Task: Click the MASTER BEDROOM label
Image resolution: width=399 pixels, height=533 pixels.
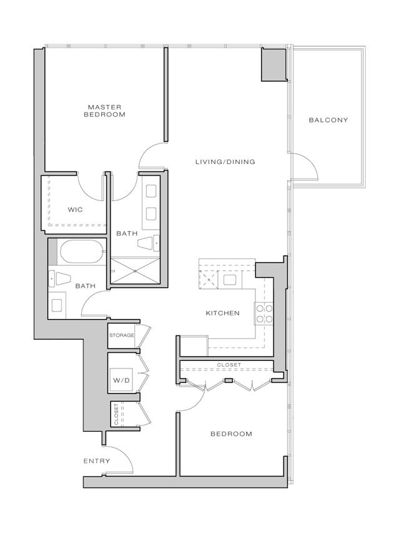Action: (104, 111)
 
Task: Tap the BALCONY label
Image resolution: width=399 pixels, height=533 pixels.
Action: (328, 120)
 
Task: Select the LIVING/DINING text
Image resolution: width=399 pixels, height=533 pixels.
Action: (225, 162)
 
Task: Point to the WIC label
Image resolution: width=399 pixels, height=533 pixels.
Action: (76, 210)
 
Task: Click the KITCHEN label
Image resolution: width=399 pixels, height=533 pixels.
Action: (222, 313)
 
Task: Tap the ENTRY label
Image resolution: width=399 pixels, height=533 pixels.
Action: (97, 461)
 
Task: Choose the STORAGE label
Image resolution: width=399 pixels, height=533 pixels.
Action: (122, 335)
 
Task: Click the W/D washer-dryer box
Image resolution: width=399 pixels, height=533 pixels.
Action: (121, 380)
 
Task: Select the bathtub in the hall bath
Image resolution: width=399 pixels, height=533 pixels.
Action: (81, 251)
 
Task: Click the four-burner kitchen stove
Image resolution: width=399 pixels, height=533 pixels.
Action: (264, 313)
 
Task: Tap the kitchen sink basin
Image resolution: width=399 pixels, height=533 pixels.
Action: (230, 280)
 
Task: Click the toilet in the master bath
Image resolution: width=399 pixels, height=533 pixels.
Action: (149, 243)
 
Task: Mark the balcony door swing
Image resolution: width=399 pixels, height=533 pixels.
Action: (305, 166)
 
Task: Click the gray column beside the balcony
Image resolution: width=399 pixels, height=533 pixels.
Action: (273, 64)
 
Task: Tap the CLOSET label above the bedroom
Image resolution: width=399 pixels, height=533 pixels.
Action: (229, 365)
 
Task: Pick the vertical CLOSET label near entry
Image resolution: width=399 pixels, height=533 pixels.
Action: (116, 414)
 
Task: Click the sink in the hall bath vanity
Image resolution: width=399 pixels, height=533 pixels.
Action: (56, 305)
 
